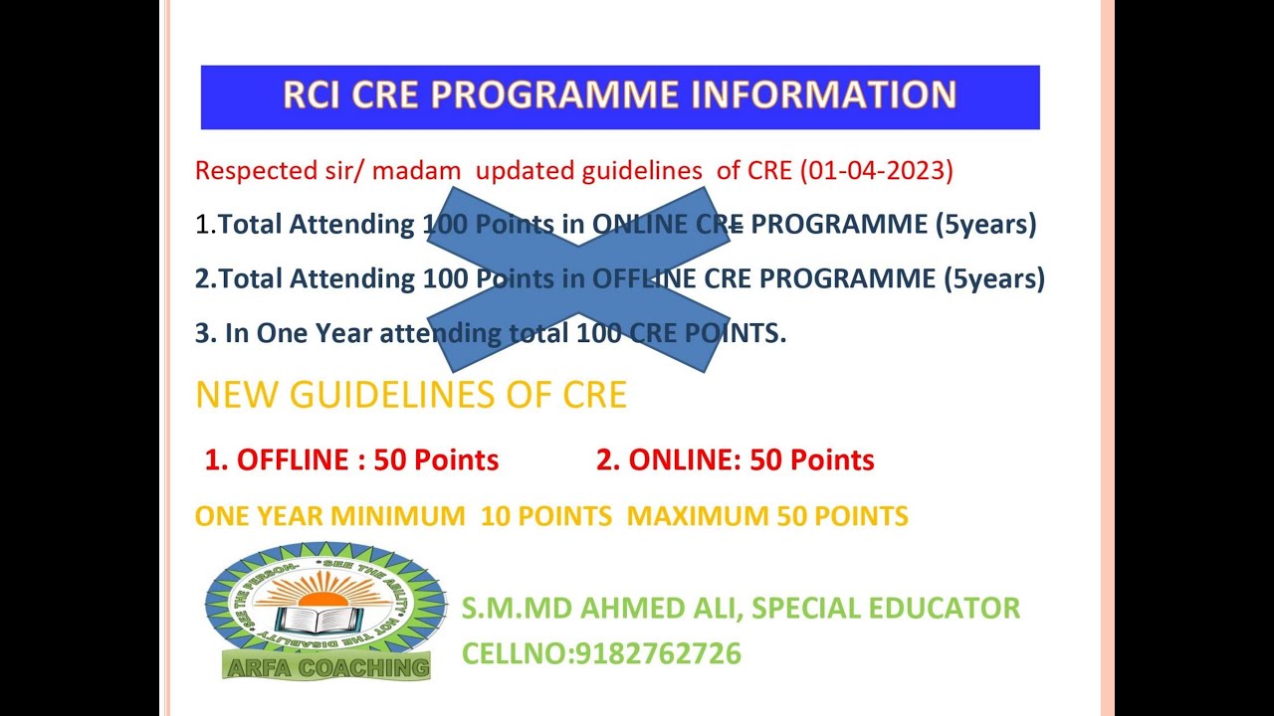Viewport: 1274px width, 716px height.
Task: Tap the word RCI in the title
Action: pos(311,94)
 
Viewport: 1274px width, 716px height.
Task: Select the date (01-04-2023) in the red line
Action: pos(876,170)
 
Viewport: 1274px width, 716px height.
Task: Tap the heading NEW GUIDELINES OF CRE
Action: pos(411,395)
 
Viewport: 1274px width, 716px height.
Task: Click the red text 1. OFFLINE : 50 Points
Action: pos(351,459)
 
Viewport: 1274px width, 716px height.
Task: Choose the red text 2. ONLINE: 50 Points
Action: pos(735,459)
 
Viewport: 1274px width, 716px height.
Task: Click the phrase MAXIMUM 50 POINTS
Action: pos(767,516)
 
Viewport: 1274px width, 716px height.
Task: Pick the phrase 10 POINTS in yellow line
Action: pos(545,516)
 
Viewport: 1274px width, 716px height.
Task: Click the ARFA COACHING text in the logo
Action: pos(327,667)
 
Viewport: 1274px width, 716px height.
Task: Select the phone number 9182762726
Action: pos(657,653)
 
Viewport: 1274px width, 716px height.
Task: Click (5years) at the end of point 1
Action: pos(985,225)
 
